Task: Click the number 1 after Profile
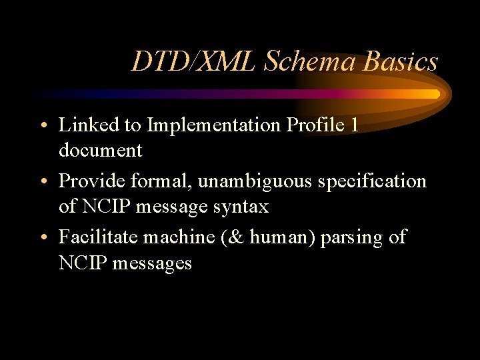(353, 125)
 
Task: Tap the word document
(100, 151)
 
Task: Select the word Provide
(85, 181)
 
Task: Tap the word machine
(175, 237)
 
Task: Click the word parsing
(351, 237)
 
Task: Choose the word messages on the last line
(152, 263)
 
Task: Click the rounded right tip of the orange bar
(437, 94)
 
